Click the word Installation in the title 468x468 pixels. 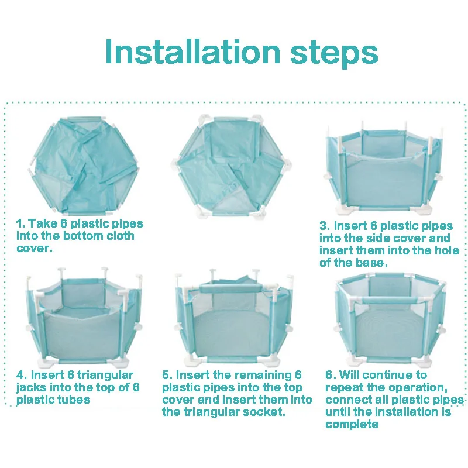(x=193, y=51)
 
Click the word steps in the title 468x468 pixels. (x=334, y=53)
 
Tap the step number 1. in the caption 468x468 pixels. (x=20, y=223)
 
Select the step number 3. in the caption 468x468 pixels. (x=325, y=226)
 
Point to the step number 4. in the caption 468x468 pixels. (x=22, y=375)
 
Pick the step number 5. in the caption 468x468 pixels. (x=167, y=375)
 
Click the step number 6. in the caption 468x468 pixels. (x=331, y=375)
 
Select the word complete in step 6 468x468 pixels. (x=352, y=425)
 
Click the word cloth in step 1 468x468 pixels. (x=121, y=236)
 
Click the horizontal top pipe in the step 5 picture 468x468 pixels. (x=230, y=288)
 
